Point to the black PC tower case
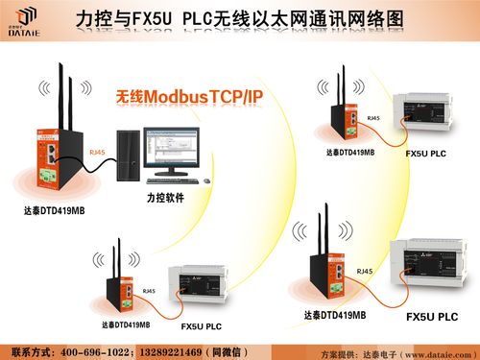tap(128, 157)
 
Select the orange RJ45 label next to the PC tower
tap(98, 152)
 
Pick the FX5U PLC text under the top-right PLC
tap(425, 154)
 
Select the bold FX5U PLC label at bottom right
tap(432, 318)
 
